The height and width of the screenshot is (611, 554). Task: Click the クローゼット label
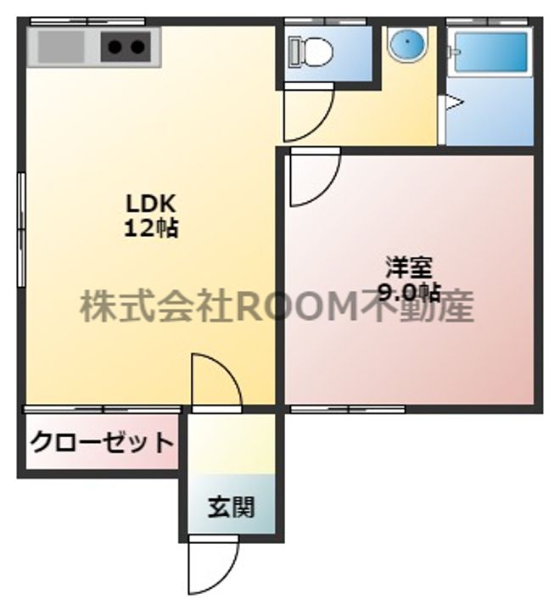[102, 442]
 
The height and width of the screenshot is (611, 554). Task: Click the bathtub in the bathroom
[490, 54]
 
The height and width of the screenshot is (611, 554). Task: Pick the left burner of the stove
[115, 48]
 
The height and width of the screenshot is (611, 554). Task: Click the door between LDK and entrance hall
[215, 382]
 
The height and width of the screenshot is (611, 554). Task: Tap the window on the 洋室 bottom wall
[348, 409]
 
